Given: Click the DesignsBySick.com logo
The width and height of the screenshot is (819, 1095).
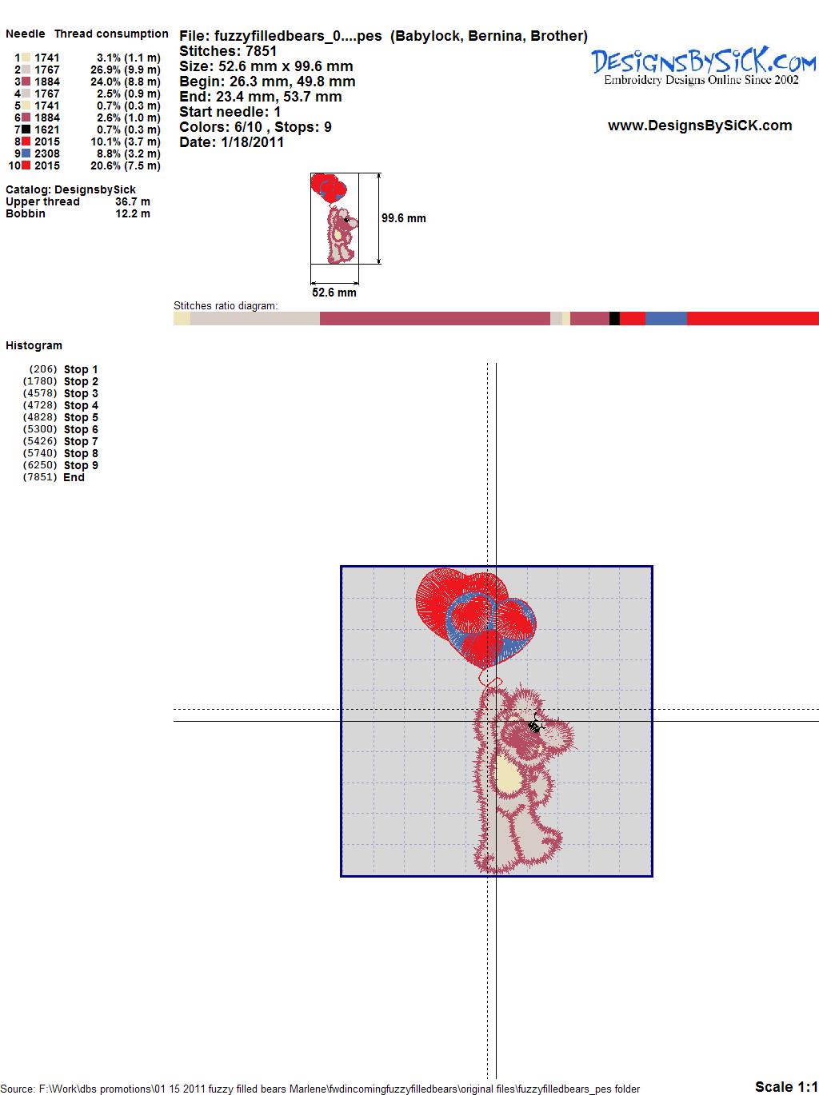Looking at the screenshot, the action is click(703, 66).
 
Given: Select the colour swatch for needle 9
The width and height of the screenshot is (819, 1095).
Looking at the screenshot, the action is click(26, 153).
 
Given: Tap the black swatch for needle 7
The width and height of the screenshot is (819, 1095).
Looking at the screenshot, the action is click(26, 129).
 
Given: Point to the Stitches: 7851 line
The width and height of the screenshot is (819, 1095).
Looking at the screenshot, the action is click(228, 51).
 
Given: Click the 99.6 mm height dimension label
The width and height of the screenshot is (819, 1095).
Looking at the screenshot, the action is click(404, 218).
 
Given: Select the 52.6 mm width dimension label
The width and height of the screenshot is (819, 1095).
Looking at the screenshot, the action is click(334, 293).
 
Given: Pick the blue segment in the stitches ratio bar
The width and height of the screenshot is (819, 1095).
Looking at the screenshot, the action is click(665, 318).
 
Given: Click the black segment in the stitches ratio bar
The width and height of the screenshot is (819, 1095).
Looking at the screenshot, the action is click(614, 318).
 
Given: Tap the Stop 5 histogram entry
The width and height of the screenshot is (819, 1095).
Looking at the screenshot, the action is click(61, 417).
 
